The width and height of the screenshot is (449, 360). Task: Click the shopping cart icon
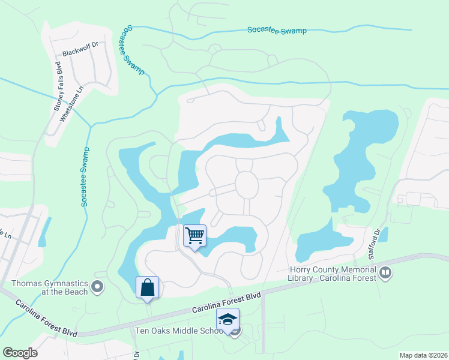pyautogui.click(x=194, y=235)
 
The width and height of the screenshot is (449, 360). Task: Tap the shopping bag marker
pyautogui.click(x=148, y=287)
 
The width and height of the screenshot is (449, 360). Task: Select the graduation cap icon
pyautogui.click(x=228, y=319)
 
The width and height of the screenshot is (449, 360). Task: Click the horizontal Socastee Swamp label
pyautogui.click(x=277, y=30)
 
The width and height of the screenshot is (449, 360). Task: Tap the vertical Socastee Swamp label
pyautogui.click(x=85, y=177)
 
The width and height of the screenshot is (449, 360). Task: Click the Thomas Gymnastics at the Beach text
pyautogui.click(x=49, y=287)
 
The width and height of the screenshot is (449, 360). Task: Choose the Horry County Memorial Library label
pyautogui.click(x=331, y=273)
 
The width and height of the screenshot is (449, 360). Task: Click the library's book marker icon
pyautogui.click(x=385, y=274)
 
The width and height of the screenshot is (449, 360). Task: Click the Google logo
pyautogui.click(x=20, y=353)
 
